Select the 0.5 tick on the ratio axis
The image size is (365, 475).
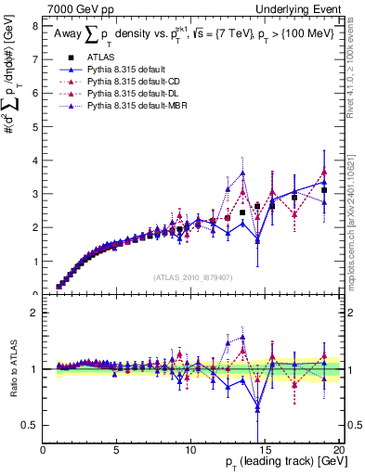(31, 425)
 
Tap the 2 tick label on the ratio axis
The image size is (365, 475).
(34, 313)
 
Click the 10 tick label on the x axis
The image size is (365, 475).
(190, 449)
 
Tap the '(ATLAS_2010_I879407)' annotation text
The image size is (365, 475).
(193, 276)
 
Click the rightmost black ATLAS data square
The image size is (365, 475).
(323, 190)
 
